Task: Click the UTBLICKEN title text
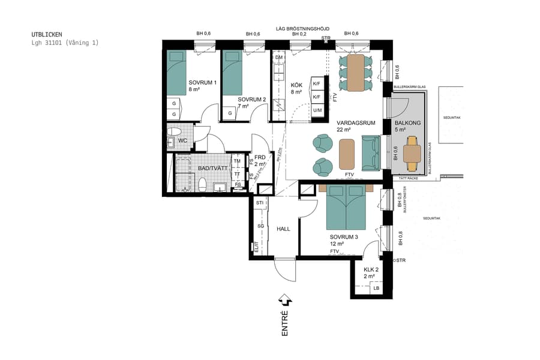[46, 35]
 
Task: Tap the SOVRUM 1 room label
[202, 82]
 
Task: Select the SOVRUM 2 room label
[251, 100]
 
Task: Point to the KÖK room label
[296, 85]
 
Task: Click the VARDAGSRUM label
[356, 122]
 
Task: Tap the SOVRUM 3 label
[344, 237]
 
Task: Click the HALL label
[284, 229]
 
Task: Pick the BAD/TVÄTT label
[213, 169]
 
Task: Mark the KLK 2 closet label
[371, 269]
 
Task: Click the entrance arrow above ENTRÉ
[285, 299]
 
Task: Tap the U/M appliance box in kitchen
[317, 110]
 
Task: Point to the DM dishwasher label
[278, 58]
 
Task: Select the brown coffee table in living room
[347, 154]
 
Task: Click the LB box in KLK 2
[376, 289]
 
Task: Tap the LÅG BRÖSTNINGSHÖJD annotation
[302, 28]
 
